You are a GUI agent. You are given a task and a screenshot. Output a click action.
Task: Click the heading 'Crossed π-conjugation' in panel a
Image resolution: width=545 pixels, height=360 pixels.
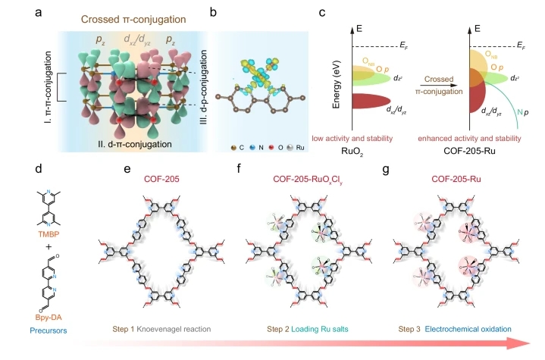[x=133, y=19]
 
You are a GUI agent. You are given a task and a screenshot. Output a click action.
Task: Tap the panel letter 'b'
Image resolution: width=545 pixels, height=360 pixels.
[x=213, y=13]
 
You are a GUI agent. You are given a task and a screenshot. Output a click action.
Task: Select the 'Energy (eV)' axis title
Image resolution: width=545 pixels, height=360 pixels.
[x=336, y=84]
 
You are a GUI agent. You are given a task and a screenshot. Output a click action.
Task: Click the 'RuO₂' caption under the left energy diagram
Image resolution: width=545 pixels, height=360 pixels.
[x=352, y=152]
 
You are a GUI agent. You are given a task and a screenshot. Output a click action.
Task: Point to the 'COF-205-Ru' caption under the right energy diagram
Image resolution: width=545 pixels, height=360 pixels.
[x=469, y=151]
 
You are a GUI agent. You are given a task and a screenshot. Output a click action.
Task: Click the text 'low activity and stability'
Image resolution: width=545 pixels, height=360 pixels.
[x=352, y=138]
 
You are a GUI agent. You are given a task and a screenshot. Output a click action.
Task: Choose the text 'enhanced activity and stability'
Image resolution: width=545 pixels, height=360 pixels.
[x=469, y=138]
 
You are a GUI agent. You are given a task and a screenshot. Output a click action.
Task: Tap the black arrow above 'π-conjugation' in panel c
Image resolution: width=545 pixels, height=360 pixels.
[x=438, y=85]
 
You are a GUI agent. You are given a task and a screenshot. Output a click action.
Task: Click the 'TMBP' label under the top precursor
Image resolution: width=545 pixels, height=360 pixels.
[x=49, y=234]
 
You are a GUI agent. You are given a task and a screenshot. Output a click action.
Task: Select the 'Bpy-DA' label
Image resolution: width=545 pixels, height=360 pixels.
[x=49, y=318]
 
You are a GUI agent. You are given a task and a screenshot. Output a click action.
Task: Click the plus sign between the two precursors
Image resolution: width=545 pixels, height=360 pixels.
[x=49, y=247]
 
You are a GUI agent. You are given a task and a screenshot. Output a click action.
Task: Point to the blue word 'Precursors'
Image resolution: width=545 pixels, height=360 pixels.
[x=49, y=330]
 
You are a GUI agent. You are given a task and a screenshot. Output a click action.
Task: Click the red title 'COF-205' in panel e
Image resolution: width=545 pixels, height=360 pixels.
[x=161, y=179]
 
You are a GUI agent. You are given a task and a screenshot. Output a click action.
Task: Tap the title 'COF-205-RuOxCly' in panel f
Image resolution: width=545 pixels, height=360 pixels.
[x=308, y=180]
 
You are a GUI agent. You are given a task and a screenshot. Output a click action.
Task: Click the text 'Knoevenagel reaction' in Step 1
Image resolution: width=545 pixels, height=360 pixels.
[x=174, y=329]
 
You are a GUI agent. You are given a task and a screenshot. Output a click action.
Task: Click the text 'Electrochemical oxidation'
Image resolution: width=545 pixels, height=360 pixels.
[x=468, y=329]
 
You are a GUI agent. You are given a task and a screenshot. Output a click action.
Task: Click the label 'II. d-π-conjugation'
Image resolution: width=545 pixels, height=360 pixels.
[x=135, y=144]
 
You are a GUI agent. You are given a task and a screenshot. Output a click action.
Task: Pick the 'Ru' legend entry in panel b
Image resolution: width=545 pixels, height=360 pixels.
[x=296, y=148]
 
